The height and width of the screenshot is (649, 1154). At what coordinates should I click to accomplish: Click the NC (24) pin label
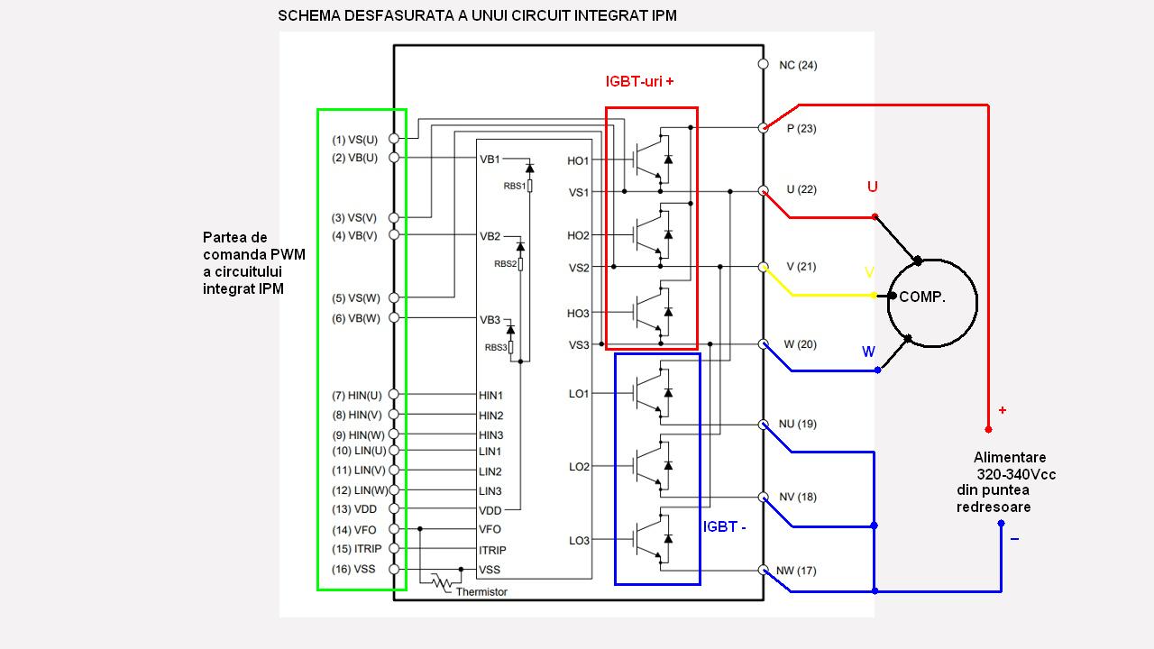(798, 65)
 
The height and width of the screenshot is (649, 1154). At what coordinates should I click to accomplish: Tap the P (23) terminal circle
(763, 128)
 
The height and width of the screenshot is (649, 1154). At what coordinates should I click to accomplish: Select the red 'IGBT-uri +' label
(640, 82)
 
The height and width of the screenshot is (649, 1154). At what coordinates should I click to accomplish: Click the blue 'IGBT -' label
(725, 527)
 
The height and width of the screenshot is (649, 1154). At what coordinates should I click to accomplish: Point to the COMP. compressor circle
(932, 303)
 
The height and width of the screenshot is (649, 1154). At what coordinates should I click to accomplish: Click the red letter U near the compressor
(872, 187)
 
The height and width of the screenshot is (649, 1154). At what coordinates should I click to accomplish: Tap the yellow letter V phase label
(869, 272)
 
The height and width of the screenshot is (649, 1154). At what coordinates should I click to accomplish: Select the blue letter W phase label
(868, 352)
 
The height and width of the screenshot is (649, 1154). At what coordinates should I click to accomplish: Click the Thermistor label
(481, 592)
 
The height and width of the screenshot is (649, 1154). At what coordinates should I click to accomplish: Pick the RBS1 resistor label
(515, 186)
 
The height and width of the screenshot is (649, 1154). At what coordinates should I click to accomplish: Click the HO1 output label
(578, 161)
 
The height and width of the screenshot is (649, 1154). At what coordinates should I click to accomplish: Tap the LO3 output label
(579, 541)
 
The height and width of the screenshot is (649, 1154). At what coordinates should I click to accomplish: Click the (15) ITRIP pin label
(354, 549)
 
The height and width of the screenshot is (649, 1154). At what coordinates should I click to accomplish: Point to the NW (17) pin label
(796, 571)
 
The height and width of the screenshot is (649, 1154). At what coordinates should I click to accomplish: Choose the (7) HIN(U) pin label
(356, 396)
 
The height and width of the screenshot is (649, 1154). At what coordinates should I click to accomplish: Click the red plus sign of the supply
(1002, 410)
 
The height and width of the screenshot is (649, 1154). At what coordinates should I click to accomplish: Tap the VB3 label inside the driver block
(490, 320)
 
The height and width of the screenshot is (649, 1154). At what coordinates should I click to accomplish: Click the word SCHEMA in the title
(309, 16)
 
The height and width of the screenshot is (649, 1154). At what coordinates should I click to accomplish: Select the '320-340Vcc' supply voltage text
(1016, 474)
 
